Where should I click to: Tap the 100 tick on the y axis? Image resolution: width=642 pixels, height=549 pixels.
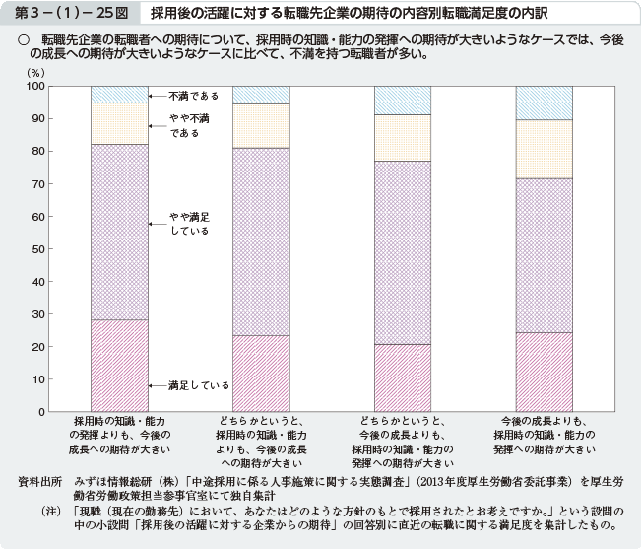pos(35,87)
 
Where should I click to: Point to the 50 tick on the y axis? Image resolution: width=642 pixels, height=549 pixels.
pos(37,249)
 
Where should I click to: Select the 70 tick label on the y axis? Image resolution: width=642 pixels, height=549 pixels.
pos(37,184)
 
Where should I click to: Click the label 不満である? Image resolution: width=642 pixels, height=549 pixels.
pos(193,97)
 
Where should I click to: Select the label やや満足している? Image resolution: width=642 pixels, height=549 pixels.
pos(188,223)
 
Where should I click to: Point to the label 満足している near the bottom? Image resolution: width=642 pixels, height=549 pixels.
pos(198,385)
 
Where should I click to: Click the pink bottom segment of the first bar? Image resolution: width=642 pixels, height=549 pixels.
pos(118,366)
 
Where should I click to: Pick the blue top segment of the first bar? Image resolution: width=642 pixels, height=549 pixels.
pos(118,95)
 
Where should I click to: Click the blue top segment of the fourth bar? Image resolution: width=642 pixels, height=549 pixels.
pos(545,103)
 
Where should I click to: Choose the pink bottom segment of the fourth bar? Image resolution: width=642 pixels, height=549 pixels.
pos(545,372)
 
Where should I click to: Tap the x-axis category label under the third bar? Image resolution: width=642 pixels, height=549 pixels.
pos(403,440)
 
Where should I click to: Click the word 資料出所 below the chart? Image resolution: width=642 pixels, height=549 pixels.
pos(40,482)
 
